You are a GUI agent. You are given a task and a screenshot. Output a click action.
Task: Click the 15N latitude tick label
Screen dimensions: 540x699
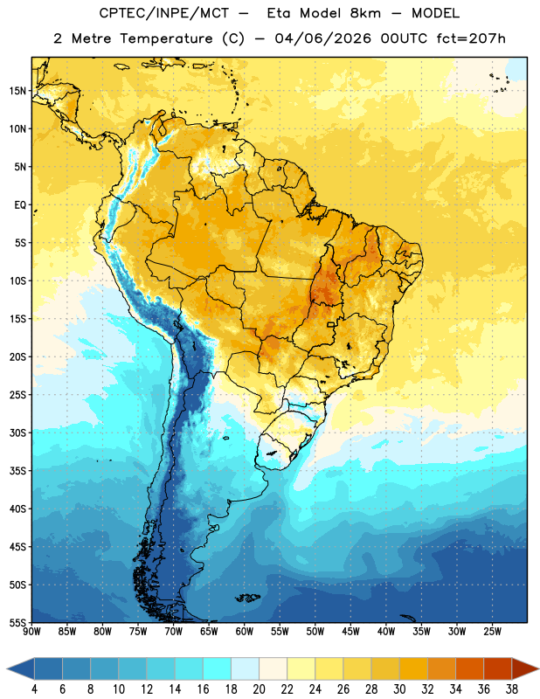[17, 91]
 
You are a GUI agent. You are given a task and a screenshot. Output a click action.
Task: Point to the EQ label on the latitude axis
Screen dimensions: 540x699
[20, 205]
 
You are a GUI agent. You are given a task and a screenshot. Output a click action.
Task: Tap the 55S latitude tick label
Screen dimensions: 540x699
[17, 622]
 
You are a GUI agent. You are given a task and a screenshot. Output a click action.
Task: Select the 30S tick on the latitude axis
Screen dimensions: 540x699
[17, 433]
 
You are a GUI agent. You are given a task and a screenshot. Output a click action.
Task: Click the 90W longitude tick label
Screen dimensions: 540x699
[31, 632]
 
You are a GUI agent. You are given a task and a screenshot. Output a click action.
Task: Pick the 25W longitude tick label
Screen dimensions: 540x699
[492, 632]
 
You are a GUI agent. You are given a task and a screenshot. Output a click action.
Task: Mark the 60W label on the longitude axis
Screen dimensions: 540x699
[245, 632]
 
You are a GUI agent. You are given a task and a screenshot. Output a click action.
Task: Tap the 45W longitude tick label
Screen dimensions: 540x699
[350, 632]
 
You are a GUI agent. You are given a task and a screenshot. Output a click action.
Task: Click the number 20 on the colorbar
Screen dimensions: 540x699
[259, 689]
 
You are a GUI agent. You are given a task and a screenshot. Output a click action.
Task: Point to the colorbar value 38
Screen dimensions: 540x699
[512, 689]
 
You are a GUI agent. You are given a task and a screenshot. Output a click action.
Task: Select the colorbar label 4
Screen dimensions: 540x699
[34, 689]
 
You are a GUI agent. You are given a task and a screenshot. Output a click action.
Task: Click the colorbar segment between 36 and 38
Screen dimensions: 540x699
[498, 668]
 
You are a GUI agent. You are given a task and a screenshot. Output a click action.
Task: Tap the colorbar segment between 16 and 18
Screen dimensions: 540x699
[218, 668]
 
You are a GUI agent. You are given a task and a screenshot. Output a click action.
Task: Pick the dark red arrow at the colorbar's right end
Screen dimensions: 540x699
[525, 668]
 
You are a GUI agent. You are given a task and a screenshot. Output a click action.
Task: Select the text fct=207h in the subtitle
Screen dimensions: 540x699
[470, 38]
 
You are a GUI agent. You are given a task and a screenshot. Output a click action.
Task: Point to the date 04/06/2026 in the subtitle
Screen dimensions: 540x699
[322, 38]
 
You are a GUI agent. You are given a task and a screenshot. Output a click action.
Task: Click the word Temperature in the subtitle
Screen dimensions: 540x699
[166, 39]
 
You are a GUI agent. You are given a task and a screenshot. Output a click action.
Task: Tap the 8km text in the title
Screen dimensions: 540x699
[365, 13]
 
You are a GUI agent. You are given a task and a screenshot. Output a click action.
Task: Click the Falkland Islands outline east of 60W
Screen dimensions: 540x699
[247, 598]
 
